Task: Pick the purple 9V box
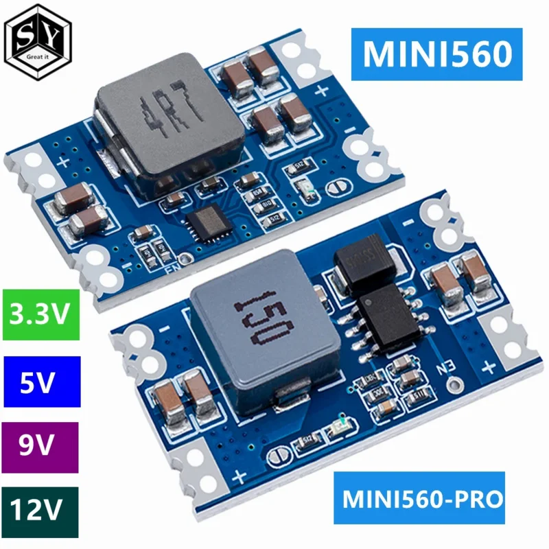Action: tap(40, 446)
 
